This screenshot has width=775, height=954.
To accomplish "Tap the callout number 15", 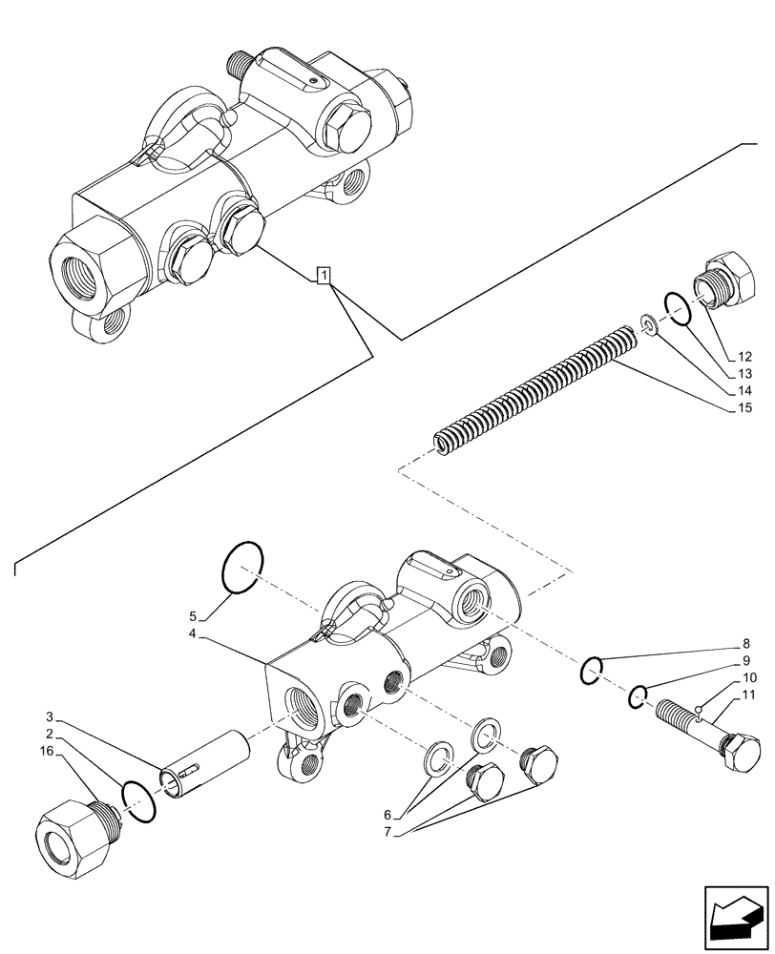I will [744, 409].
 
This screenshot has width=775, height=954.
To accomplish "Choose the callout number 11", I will [748, 695].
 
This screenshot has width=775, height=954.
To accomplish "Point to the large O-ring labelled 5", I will [242, 567].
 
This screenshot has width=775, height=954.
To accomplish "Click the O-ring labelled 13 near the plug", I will [679, 310].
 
